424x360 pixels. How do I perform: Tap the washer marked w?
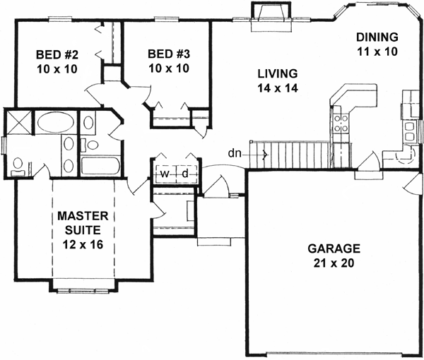[x=164, y=174]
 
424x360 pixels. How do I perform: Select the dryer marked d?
[x=184, y=174]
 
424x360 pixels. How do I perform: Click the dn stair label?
[x=235, y=152]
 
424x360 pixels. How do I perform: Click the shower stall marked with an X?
[x=17, y=122]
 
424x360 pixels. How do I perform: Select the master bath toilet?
[x=17, y=166]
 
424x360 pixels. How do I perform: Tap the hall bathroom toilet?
[x=91, y=145]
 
